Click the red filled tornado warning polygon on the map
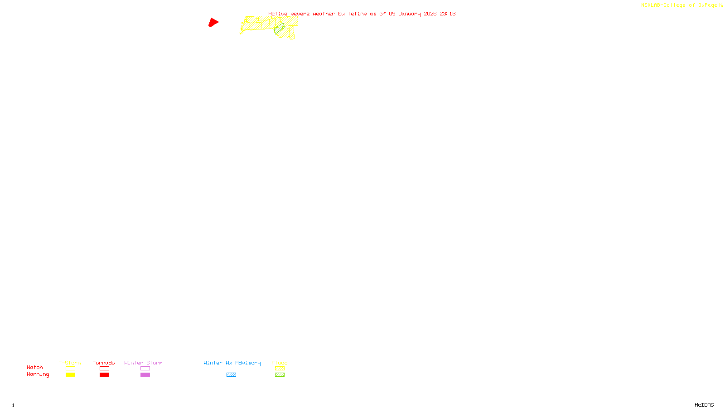pyautogui.click(x=213, y=22)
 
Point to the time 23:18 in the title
pyautogui.click(x=447, y=14)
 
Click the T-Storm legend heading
pyautogui.click(x=70, y=363)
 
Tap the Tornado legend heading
pyautogui.click(x=104, y=363)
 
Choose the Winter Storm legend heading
pyautogui.click(x=143, y=363)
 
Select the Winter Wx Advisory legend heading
pyautogui.click(x=232, y=363)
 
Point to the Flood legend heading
pyautogui.click(x=280, y=363)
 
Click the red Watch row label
pyautogui.click(x=35, y=367)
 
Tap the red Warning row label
pyautogui.click(x=38, y=374)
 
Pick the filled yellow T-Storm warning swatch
pyautogui.click(x=70, y=375)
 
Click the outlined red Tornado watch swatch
pyautogui.click(x=104, y=369)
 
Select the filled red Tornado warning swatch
pyautogui.click(x=104, y=375)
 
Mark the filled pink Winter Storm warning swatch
pyautogui.click(x=145, y=375)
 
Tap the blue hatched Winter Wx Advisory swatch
pyautogui.click(x=231, y=375)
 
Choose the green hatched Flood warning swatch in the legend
pyautogui.click(x=280, y=375)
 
